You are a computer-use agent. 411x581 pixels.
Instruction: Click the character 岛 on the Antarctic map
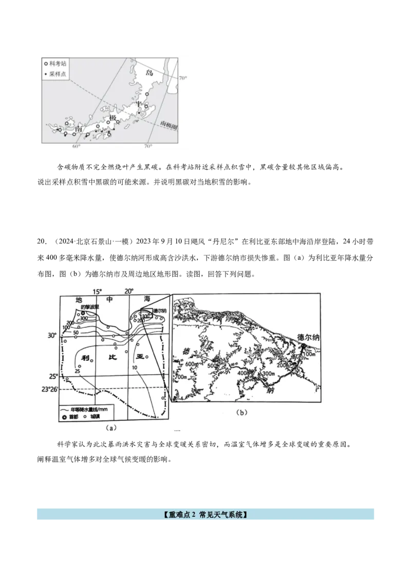(x=150, y=72)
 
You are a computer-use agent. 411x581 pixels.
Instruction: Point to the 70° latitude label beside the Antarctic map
(x=183, y=78)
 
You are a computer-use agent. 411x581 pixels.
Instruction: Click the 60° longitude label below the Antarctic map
(x=76, y=147)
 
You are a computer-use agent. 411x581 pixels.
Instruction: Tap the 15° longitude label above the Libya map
(x=98, y=291)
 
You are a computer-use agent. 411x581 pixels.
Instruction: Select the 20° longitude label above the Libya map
(x=130, y=291)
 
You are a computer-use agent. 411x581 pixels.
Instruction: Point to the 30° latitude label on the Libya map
(x=52, y=335)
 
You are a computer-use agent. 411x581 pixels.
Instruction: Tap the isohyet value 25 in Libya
(x=77, y=371)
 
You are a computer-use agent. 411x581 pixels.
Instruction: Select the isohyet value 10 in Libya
(x=135, y=368)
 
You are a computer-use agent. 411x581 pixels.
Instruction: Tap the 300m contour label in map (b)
(x=270, y=374)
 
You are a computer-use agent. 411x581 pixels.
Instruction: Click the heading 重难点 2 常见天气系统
(x=205, y=514)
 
